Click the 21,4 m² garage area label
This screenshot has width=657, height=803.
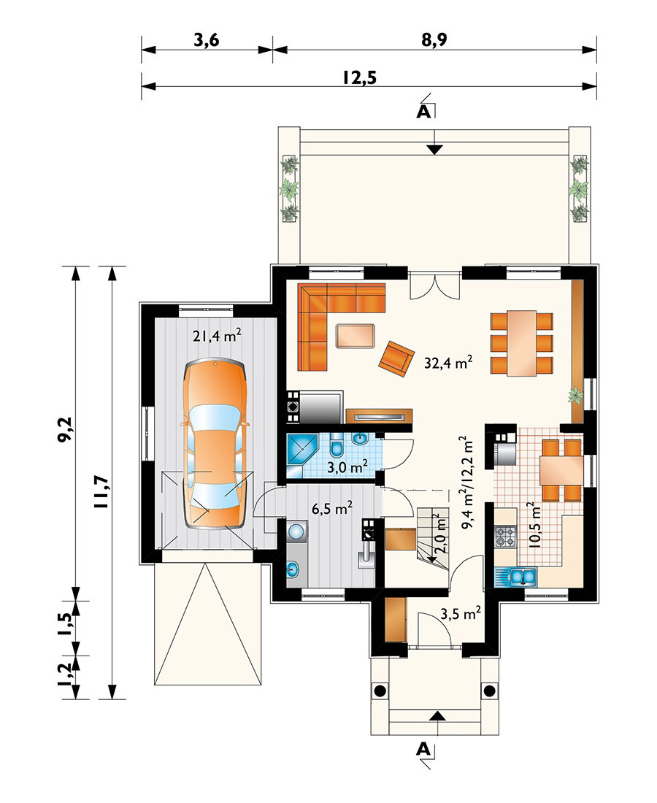click(217, 336)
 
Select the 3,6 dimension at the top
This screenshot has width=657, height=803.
click(207, 41)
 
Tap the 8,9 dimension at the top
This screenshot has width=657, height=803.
click(433, 41)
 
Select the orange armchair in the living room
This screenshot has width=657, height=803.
click(395, 358)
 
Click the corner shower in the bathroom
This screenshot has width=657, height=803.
click(300, 449)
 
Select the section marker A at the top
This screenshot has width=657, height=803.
click(423, 111)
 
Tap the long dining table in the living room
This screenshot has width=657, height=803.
click(522, 342)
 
